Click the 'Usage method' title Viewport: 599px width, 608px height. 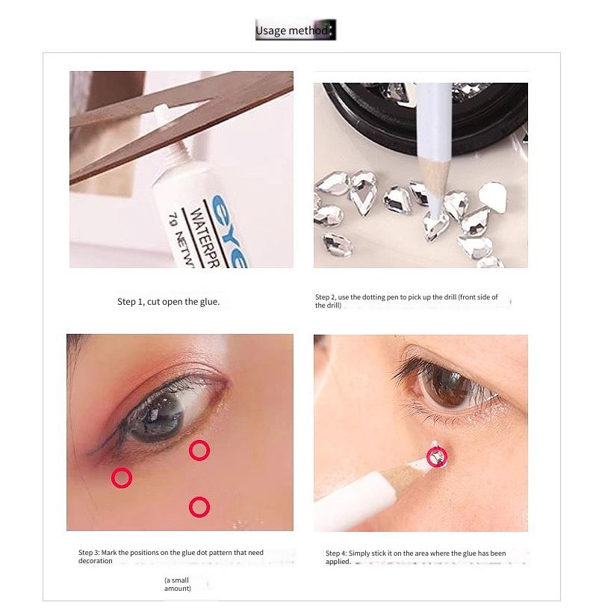pos(295,31)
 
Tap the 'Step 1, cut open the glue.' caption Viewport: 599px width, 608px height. pos(168,302)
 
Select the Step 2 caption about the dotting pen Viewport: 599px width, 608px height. pos(406,301)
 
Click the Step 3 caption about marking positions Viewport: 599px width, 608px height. pos(171,556)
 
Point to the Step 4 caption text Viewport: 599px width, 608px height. pos(416,557)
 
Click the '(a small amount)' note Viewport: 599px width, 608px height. pos(178,584)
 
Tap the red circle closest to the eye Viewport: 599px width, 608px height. pos(199,450)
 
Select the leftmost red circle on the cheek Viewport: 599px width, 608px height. pos(122,478)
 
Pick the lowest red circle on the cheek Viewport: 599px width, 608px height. pos(199,508)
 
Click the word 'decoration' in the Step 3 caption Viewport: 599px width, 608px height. pos(95,561)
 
